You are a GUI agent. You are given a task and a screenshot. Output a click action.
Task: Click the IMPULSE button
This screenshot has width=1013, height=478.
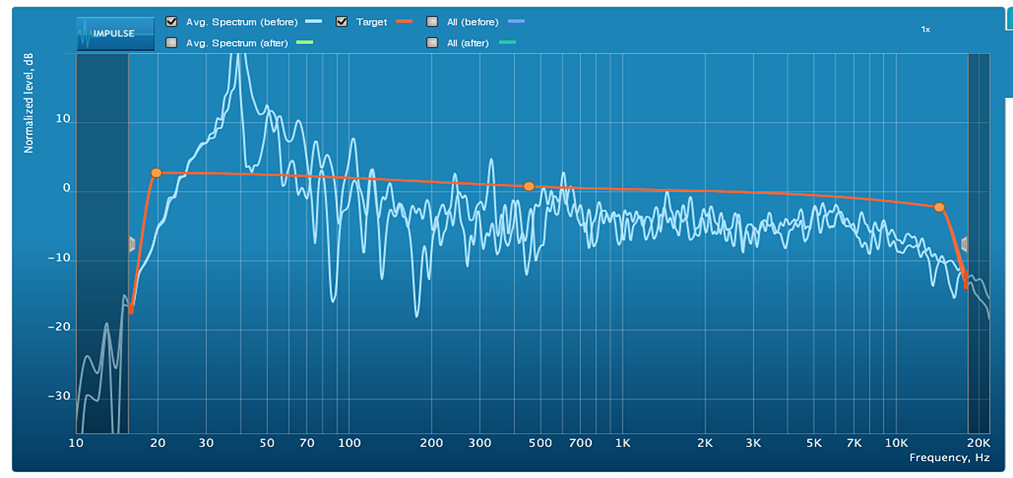(x=116, y=34)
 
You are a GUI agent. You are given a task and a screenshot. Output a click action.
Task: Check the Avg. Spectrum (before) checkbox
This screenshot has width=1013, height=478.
(x=171, y=22)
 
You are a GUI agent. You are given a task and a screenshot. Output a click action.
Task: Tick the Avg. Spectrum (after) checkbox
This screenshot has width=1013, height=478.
(x=171, y=42)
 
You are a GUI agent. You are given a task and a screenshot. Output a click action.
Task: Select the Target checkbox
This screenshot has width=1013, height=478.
(x=342, y=22)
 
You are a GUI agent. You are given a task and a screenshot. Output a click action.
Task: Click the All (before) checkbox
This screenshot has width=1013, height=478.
(x=432, y=22)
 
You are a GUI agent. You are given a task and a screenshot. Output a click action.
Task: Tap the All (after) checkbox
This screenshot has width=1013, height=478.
(x=432, y=42)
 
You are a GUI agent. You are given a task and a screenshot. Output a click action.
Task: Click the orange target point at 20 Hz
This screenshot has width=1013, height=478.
(x=156, y=173)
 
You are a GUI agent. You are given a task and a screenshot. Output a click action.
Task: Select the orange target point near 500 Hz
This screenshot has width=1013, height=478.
(x=529, y=186)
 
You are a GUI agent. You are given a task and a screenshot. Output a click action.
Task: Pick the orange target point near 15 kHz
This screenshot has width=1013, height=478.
(x=940, y=207)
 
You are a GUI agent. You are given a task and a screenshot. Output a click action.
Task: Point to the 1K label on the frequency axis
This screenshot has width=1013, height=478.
(x=623, y=443)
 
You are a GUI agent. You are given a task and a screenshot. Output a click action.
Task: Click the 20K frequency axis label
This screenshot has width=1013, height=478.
(x=978, y=443)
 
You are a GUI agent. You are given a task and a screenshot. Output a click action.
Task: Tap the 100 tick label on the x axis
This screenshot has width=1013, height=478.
(x=349, y=443)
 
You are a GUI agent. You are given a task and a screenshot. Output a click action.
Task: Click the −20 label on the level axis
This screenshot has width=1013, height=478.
(x=58, y=328)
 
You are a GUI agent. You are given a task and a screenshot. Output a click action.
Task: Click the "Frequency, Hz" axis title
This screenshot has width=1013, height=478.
(x=949, y=458)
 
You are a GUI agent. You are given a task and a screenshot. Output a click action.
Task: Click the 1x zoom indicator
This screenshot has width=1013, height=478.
(x=925, y=30)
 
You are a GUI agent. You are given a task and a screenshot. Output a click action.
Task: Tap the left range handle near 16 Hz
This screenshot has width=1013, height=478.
(x=132, y=244)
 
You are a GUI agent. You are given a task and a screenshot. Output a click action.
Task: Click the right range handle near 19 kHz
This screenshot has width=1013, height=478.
(x=964, y=244)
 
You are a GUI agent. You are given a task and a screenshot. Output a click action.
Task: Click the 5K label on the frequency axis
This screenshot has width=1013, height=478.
(x=814, y=443)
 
